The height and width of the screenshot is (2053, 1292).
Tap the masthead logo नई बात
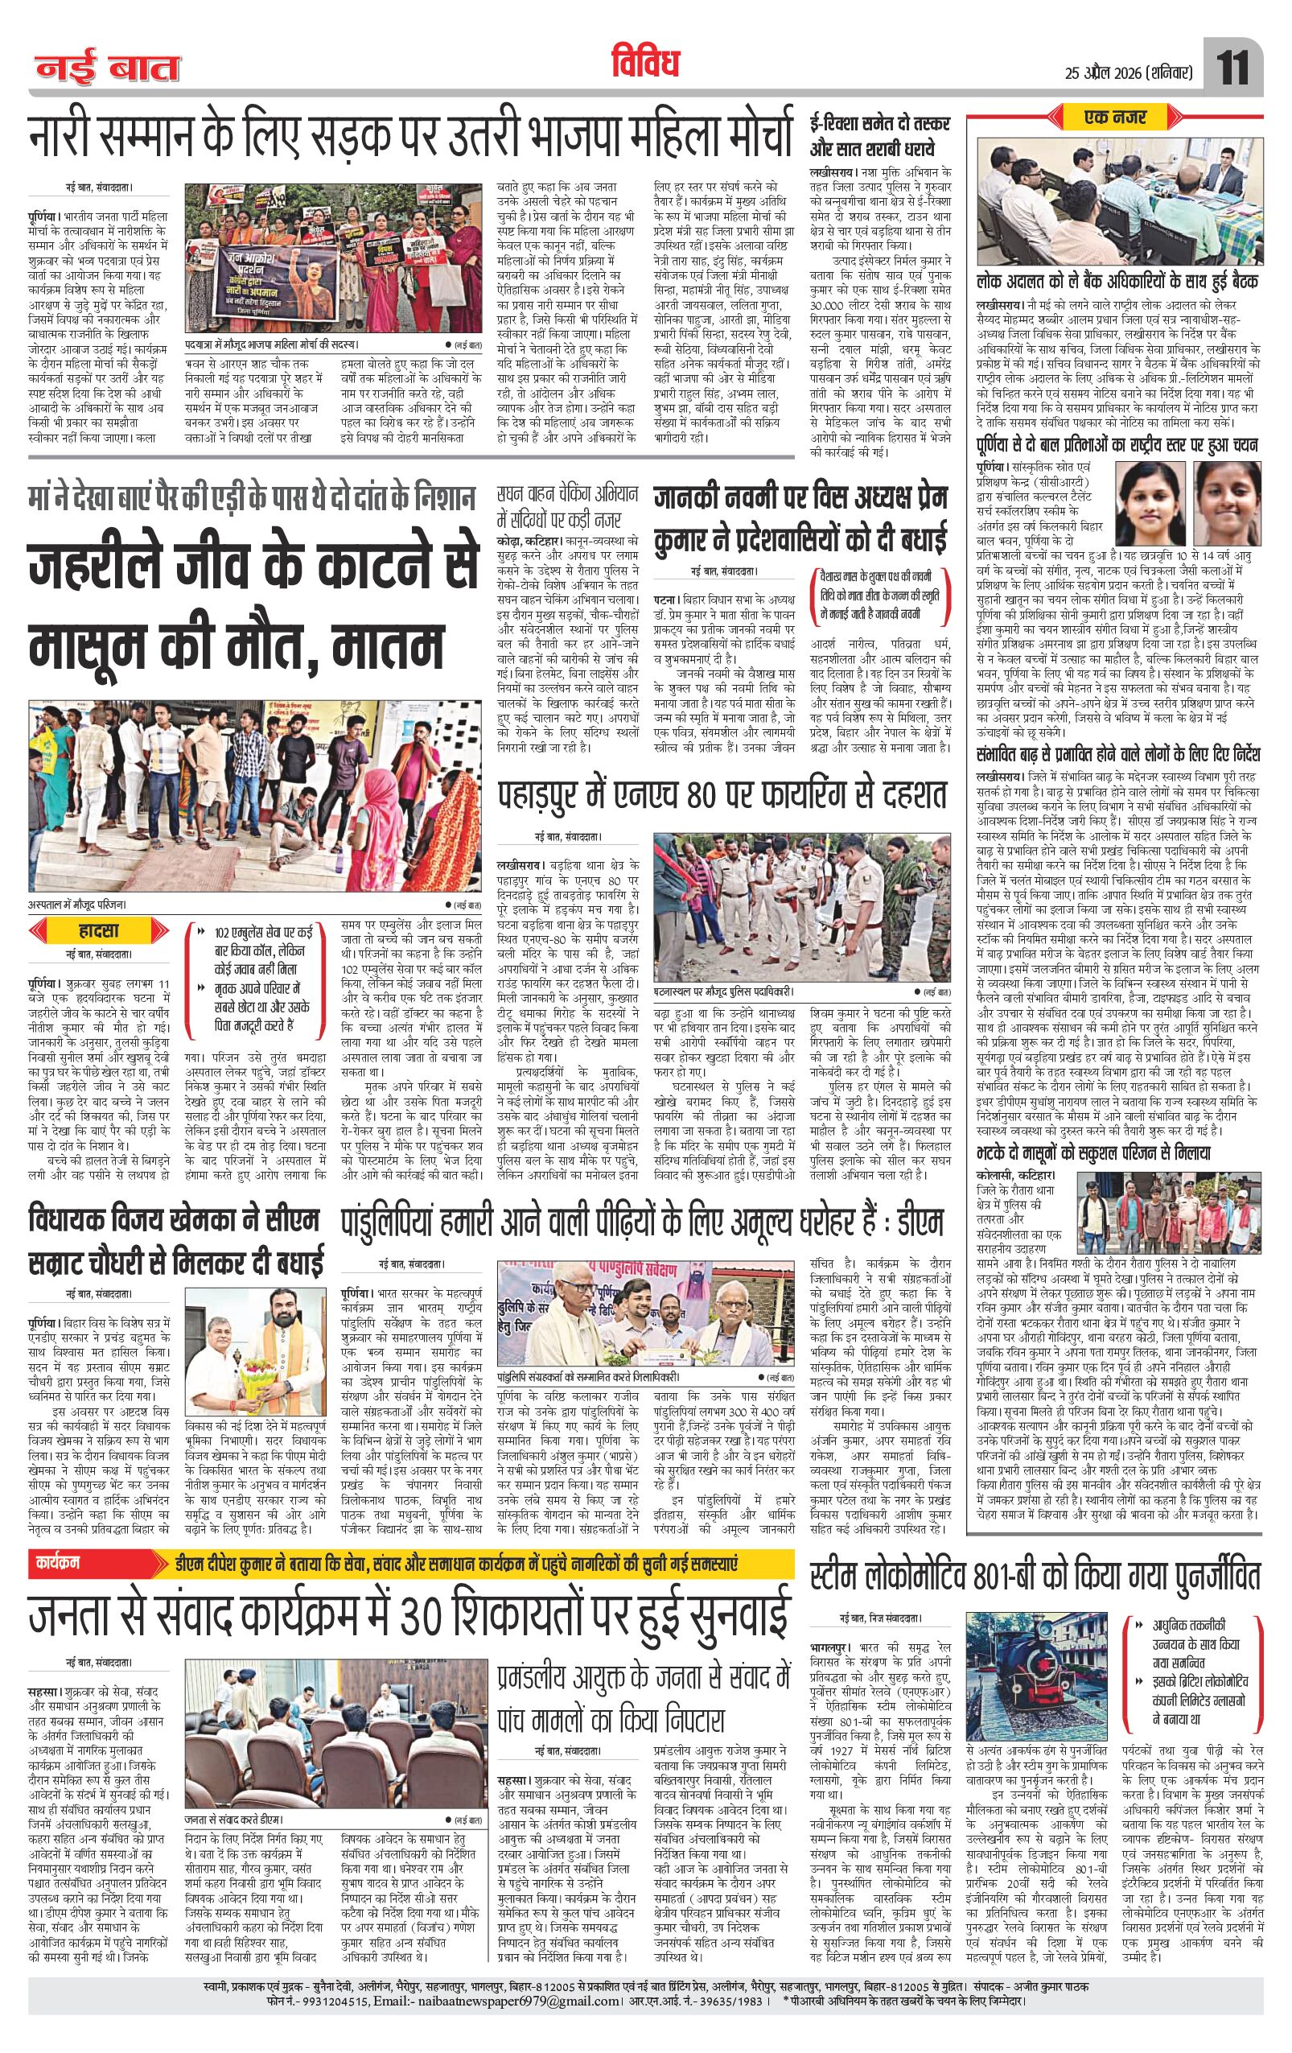point(107,68)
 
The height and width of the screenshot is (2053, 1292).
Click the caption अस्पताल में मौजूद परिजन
point(82,905)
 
